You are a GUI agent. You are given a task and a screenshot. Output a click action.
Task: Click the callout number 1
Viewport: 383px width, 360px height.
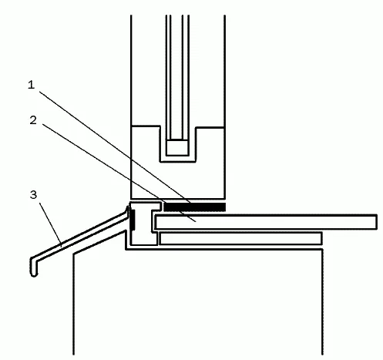[31, 85]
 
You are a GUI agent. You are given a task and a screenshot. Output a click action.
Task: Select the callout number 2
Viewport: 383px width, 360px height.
[33, 120]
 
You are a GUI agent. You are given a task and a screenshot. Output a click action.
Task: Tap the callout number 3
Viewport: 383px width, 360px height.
[33, 194]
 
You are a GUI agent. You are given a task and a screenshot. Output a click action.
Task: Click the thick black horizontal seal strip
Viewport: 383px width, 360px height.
[195, 207]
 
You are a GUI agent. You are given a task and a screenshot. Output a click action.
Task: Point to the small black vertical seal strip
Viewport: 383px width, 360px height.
[133, 220]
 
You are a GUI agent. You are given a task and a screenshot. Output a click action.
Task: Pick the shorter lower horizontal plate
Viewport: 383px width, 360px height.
[240, 238]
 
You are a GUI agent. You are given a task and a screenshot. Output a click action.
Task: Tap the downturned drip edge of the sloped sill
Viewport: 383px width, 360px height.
[34, 267]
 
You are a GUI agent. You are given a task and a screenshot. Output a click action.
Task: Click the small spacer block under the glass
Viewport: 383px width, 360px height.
[177, 147]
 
